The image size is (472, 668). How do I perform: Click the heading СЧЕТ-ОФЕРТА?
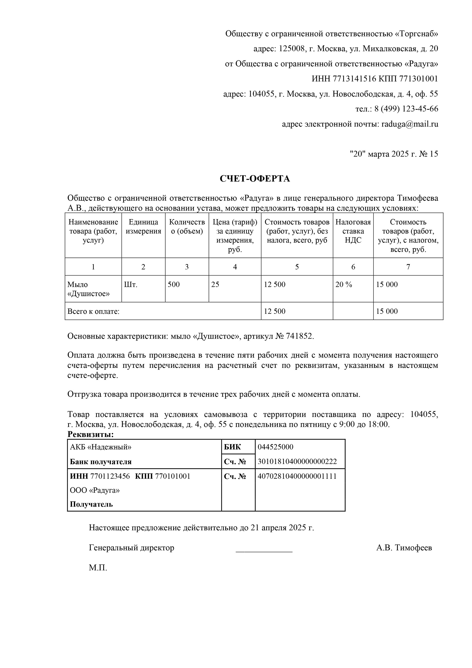[x=255, y=179]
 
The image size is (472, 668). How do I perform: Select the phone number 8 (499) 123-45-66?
[x=406, y=109]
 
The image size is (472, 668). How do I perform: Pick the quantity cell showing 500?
[x=174, y=285]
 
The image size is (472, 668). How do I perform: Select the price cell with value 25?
[x=215, y=285]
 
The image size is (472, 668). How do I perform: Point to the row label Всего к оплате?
[x=94, y=311]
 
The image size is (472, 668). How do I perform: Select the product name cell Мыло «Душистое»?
[x=88, y=289]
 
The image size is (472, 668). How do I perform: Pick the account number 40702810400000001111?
[x=297, y=476]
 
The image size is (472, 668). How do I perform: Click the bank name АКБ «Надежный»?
[x=101, y=447]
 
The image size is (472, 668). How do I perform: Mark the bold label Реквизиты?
[x=90, y=434]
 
